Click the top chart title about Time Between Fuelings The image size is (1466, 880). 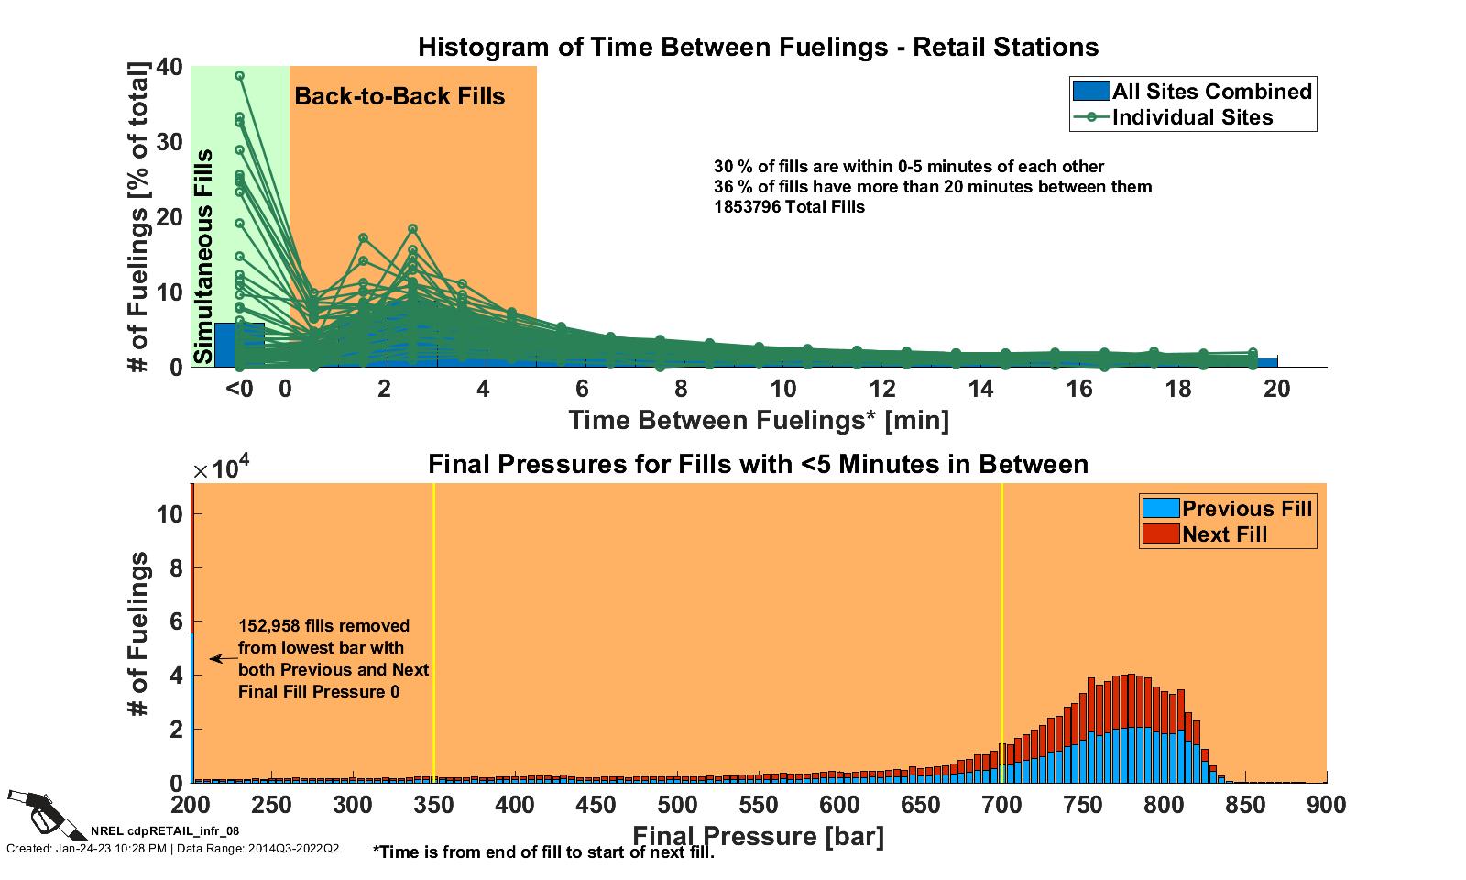[x=758, y=47]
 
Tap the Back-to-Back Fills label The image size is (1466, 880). [x=399, y=96]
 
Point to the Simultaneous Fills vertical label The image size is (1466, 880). [x=204, y=257]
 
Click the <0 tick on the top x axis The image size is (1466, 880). [x=239, y=389]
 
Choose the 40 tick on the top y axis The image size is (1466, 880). [x=170, y=67]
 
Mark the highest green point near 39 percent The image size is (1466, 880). [x=239, y=76]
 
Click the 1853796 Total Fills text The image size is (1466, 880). [x=789, y=207]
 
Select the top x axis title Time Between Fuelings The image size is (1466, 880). [x=759, y=420]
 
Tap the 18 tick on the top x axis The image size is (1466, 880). [x=1178, y=389]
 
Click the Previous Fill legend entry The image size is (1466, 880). [x=1228, y=509]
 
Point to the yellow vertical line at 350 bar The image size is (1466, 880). [x=434, y=632]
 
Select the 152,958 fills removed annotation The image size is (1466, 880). [x=334, y=658]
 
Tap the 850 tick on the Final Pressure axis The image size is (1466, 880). [x=1245, y=806]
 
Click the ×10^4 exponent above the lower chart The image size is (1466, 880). [x=221, y=469]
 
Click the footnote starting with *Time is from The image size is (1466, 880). [x=543, y=852]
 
